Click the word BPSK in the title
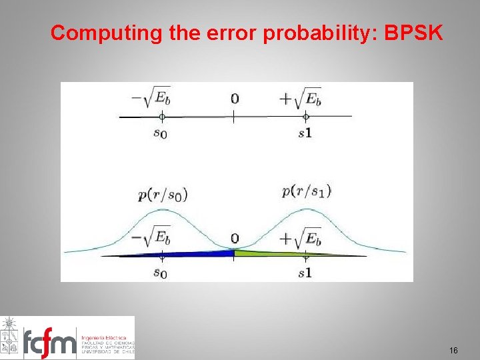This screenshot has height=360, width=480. click(x=413, y=33)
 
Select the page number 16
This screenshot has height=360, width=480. click(x=454, y=350)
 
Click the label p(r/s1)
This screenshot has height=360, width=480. click(x=306, y=191)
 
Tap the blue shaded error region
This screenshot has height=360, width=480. click(x=200, y=253)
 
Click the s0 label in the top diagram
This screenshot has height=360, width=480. click(x=160, y=133)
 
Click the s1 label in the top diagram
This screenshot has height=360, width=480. click(x=305, y=133)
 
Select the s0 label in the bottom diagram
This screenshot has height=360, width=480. click(x=160, y=273)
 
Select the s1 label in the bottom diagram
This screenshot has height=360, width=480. click(x=305, y=273)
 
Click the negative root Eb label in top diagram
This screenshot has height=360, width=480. click(x=153, y=97)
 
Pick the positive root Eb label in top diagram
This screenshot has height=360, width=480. click(x=300, y=97)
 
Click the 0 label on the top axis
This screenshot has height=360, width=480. click(x=234, y=99)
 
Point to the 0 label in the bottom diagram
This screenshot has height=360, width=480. click(x=234, y=238)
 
